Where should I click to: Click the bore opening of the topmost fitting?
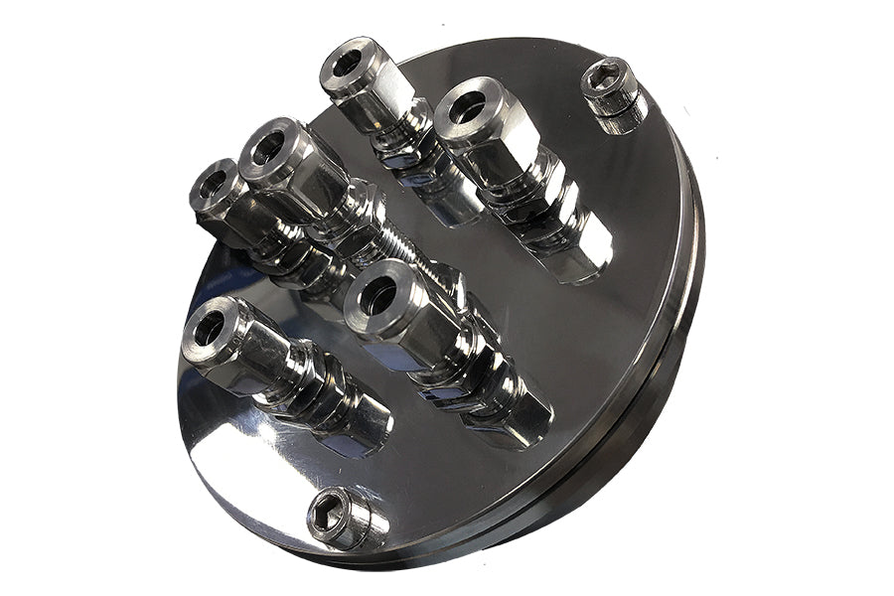(348, 63)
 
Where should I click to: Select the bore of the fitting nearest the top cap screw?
(466, 105)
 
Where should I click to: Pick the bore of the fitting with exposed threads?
(268, 147)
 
